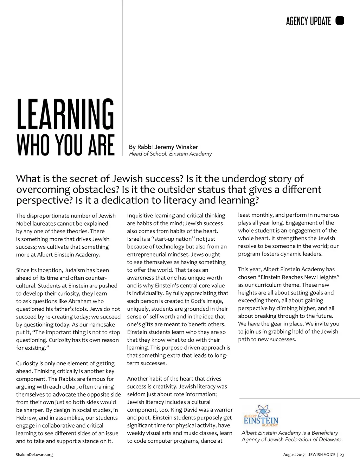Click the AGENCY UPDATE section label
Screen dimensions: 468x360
tap(308, 21)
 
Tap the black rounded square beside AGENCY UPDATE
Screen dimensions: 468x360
tap(340, 21)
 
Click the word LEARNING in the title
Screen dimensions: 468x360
tap(65, 114)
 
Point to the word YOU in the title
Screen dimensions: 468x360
tap(65, 145)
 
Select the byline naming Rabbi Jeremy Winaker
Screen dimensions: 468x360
tap(163, 147)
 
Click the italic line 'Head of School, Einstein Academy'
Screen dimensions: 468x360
tap(170, 154)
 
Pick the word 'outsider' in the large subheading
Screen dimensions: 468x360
tap(176, 190)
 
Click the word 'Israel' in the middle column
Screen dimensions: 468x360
tap(134, 239)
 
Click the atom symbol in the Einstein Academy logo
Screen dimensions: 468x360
tap(262, 411)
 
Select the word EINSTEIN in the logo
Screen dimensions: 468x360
tap(261, 421)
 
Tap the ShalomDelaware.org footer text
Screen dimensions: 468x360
tap(34, 455)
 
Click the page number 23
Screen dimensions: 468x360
tap(342, 455)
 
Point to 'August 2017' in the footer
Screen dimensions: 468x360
tap(294, 455)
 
